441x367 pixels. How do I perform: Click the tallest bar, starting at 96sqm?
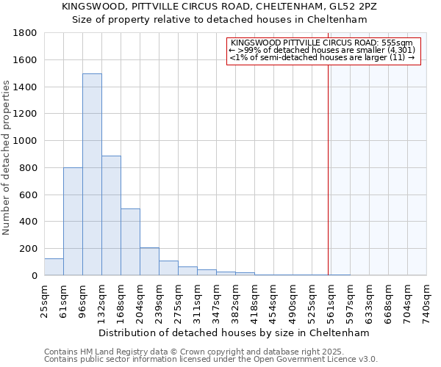[92, 175]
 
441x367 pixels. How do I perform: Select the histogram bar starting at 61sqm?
[73, 221]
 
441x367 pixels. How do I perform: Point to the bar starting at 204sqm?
[149, 261]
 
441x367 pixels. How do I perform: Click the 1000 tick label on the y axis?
[26, 141]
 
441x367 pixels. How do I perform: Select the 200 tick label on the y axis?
[29, 249]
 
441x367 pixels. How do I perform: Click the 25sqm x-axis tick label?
[44, 300]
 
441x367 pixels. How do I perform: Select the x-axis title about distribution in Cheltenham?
[235, 333]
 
